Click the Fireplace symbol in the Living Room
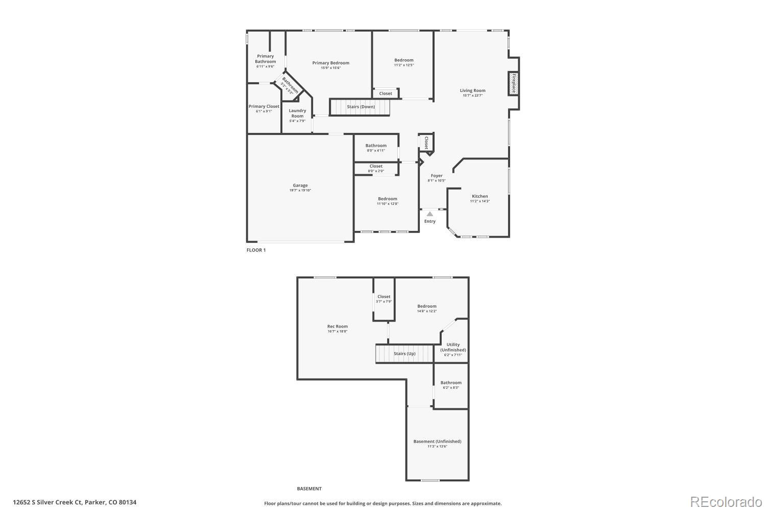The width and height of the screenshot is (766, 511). tap(514, 84)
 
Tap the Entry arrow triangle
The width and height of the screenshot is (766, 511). tap(430, 214)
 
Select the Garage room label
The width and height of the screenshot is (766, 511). tap(300, 185)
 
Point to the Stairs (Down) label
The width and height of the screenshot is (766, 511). tap(361, 107)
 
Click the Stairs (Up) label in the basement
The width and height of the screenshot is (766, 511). tap(404, 354)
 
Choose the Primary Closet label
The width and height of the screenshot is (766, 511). tap(264, 106)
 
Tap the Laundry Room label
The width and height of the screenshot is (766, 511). tap(297, 113)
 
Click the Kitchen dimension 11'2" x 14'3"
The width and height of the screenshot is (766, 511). tap(480, 201)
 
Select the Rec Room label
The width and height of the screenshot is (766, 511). tap(337, 327)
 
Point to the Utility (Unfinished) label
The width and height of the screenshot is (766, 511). tap(453, 347)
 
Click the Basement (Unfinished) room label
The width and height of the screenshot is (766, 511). tap(437, 442)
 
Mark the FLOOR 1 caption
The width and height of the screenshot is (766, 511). tap(256, 250)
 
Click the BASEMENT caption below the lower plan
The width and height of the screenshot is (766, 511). tap(309, 489)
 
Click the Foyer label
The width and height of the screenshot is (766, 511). tap(437, 176)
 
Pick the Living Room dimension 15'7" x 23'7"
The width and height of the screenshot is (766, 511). tap(473, 96)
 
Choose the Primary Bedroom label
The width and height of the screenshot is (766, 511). tap(331, 63)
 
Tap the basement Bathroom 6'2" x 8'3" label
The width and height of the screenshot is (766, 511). tap(451, 385)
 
